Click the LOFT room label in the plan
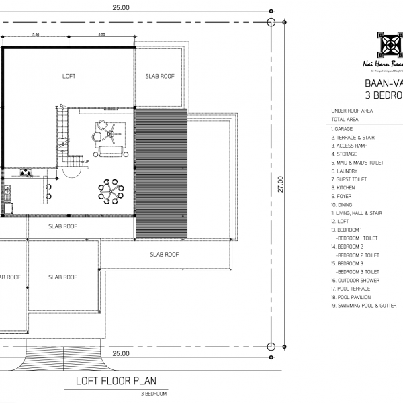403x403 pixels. pyautogui.click(x=69, y=77)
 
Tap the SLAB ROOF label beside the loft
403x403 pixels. pyautogui.click(x=159, y=77)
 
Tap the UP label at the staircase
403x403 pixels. pyautogui.click(x=87, y=162)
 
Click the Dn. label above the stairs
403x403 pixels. pyautogui.click(x=62, y=105)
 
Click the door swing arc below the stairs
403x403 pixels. pyautogui.click(x=68, y=172)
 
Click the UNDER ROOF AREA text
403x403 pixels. pyautogui.click(x=352, y=111)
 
